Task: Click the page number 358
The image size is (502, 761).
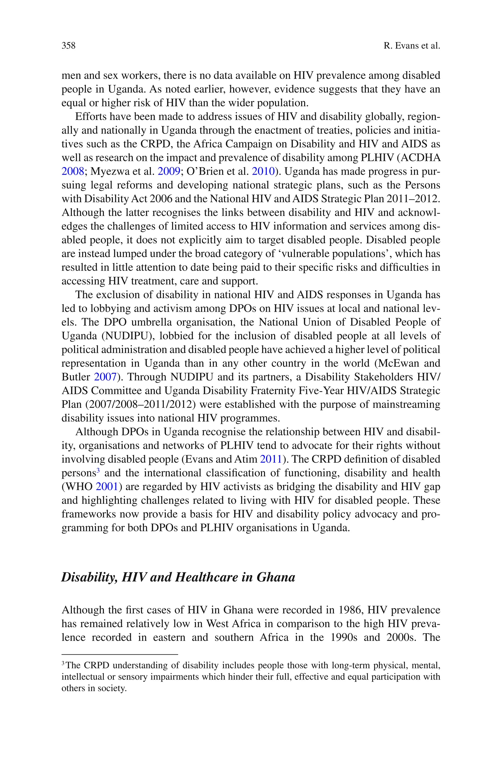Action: [x=69, y=46]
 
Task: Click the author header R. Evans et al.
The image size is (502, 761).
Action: [x=412, y=46]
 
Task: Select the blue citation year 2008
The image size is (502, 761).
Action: [x=73, y=172]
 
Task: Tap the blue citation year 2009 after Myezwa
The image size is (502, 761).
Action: [x=169, y=172]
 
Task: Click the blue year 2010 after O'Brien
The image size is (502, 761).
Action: [x=263, y=172]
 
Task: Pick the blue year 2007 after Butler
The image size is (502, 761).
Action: [x=105, y=377]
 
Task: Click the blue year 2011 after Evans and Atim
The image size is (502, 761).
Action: [x=271, y=459]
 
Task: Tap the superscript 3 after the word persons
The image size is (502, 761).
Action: [x=98, y=470]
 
